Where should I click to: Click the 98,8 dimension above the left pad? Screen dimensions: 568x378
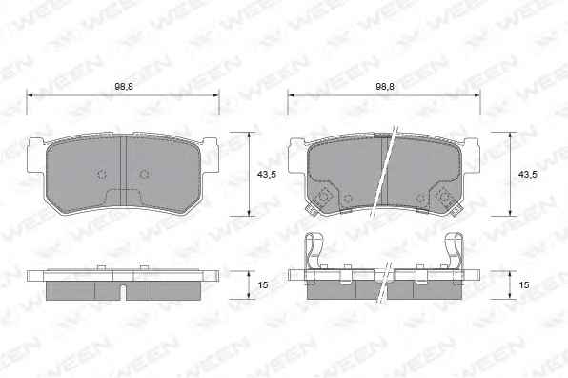[x=123, y=87]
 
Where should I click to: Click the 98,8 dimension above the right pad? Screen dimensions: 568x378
[x=385, y=87]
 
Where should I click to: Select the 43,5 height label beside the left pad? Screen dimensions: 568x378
[x=266, y=175]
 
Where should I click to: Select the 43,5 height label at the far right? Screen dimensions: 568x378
[x=527, y=175]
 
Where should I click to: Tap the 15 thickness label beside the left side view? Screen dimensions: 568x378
[x=263, y=285]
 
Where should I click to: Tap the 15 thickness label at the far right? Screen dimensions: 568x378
[x=524, y=285]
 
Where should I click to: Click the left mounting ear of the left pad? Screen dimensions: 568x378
[x=36, y=156]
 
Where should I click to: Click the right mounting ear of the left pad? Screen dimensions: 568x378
[x=210, y=156]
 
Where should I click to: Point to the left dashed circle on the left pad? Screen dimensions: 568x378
[x=102, y=175]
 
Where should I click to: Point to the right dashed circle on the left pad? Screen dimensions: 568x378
[x=145, y=175]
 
